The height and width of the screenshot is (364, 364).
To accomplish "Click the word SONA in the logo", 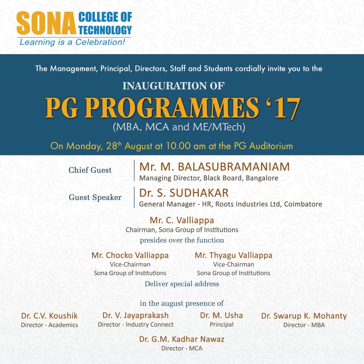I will (45, 24).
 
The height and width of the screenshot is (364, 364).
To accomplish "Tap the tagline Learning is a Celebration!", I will (72, 42).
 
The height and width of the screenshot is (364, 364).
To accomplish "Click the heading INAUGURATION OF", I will (173, 86).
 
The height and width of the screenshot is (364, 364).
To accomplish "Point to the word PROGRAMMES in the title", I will (171, 108).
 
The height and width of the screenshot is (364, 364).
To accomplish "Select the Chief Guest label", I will (90, 170).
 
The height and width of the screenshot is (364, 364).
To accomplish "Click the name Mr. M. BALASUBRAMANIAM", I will (214, 167).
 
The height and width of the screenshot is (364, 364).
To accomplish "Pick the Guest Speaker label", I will (95, 198).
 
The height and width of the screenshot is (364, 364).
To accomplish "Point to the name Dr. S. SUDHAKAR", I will (184, 193).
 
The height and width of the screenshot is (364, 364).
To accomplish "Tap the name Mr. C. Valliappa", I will (182, 220).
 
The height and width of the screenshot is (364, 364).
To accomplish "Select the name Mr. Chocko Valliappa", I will (130, 255).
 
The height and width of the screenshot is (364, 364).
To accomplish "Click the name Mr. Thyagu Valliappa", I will (234, 255).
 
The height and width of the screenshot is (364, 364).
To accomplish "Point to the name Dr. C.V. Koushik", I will (49, 316).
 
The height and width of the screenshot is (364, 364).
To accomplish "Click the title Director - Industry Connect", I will (136, 325).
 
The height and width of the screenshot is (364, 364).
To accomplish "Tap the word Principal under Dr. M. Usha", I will (221, 325).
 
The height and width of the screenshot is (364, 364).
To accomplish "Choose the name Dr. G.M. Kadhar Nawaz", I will (182, 339).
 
